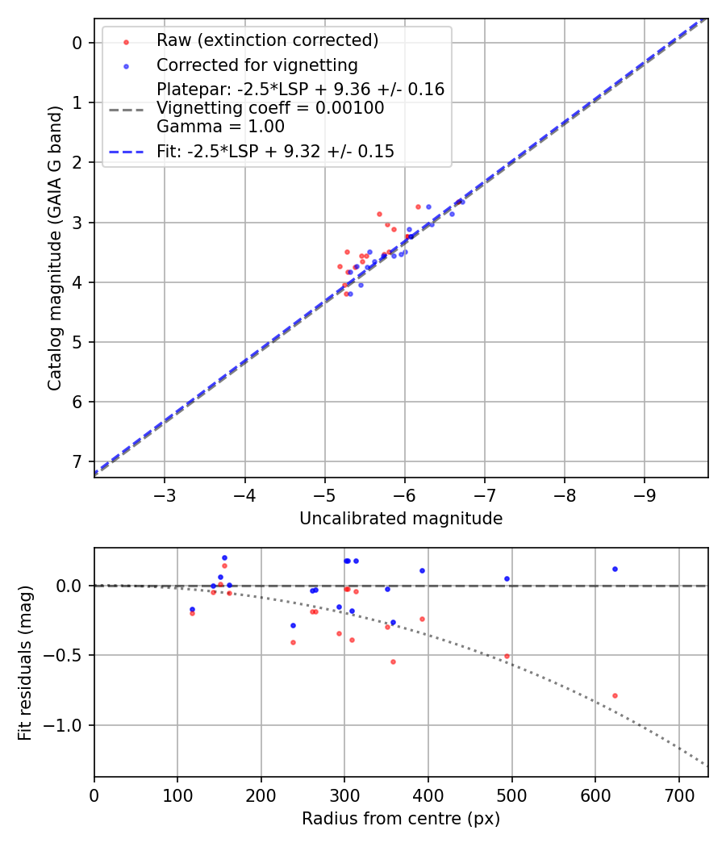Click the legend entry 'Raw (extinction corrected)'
[x=267, y=40]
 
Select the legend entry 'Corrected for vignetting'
[x=257, y=65]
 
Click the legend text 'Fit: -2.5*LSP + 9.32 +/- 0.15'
[x=275, y=151]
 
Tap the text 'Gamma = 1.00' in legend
[x=220, y=126]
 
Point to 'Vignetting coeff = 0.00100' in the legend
[x=270, y=108]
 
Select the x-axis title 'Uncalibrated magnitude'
[x=401, y=519]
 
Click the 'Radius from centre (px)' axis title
[x=401, y=819]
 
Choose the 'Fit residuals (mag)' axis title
[x=26, y=662]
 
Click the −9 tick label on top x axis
[x=645, y=493]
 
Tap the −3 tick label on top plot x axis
[x=165, y=493]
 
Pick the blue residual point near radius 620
[x=615, y=569]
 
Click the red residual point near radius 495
[x=507, y=656]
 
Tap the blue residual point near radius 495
[x=507, y=578]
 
